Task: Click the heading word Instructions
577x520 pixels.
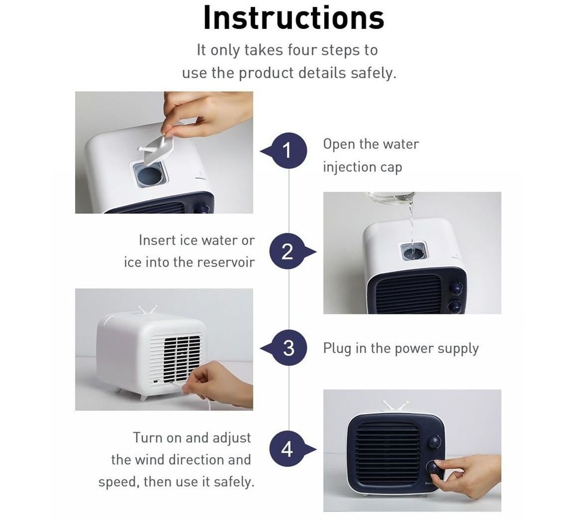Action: [293, 18]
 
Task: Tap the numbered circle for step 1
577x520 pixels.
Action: [289, 151]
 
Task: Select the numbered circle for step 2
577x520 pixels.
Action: [287, 252]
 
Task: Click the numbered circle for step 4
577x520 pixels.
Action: [287, 450]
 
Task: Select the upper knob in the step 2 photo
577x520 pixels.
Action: [456, 288]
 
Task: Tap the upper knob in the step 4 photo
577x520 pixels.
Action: [434, 442]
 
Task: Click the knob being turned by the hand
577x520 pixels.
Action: [433, 469]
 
